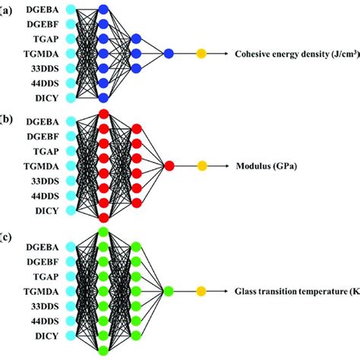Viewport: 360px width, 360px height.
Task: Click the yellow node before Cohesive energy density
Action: point(201,53)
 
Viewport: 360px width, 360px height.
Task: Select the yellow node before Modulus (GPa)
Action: point(202,166)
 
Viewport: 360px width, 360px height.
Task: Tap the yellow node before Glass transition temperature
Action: point(201,290)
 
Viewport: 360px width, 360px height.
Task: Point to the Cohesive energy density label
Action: point(297,54)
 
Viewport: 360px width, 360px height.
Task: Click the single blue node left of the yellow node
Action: point(169,53)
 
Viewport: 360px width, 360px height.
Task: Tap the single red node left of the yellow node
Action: point(169,166)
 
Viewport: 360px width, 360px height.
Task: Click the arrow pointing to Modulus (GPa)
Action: point(220,166)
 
